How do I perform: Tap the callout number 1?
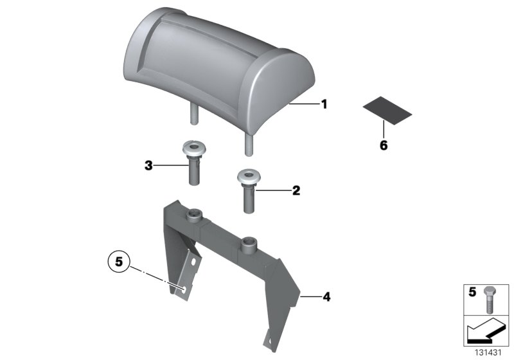(x=324, y=104)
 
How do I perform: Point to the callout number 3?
(x=148, y=165)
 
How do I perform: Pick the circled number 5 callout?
(x=118, y=263)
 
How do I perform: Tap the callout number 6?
(x=384, y=145)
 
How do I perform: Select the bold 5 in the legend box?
(x=472, y=292)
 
